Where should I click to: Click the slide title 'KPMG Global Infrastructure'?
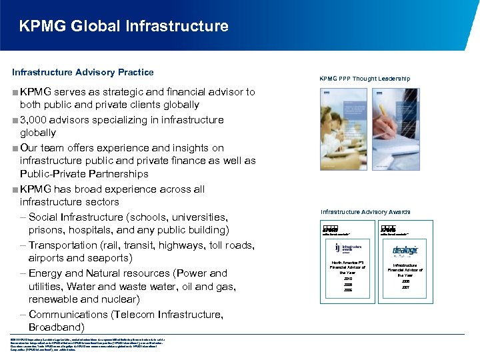coord(124,27)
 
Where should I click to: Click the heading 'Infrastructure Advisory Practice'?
coord(83,72)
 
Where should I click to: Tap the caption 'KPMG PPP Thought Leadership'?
coord(365,79)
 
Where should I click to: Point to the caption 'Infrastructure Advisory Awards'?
coord(365,212)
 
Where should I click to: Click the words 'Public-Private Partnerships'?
coord(84,174)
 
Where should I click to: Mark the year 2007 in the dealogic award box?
coord(405,287)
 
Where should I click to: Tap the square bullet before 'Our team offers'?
coord(15,148)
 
